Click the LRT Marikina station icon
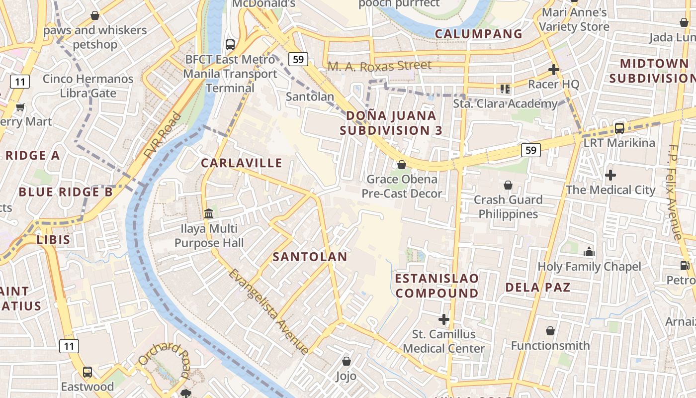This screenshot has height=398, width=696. (x=619, y=128)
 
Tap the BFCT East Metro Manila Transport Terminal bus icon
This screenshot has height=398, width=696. (x=230, y=45)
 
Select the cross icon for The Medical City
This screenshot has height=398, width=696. (x=610, y=175)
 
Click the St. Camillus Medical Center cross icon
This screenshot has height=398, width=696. (x=444, y=319)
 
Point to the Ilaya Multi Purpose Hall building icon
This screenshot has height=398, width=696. (x=209, y=214)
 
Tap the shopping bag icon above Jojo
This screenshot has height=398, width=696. (x=347, y=361)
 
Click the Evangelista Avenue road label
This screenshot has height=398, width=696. (x=269, y=311)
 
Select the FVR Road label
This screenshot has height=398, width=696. (x=163, y=136)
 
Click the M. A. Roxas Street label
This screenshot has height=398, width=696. (x=379, y=66)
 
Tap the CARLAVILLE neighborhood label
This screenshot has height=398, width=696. (x=242, y=163)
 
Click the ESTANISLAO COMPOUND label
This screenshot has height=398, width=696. (x=437, y=286)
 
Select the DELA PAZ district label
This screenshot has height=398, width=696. (x=538, y=287)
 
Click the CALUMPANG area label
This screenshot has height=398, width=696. (x=479, y=34)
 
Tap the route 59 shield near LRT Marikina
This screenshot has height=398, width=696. (x=531, y=150)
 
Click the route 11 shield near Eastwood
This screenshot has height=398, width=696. (x=69, y=346)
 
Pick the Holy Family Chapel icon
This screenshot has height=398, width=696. (x=589, y=252)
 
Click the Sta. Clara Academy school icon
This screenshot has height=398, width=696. (x=505, y=89)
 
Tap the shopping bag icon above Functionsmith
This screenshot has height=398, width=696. (x=550, y=331)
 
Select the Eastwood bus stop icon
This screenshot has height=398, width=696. (x=87, y=372)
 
